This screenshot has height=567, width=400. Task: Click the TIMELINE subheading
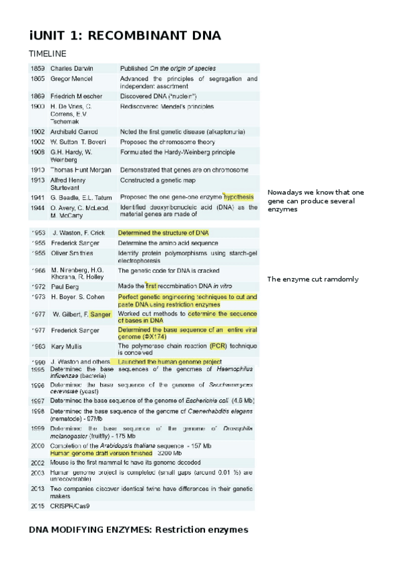[x=47, y=53]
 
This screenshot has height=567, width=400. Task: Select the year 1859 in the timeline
[x=37, y=68]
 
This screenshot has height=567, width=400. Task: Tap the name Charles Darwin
[x=72, y=68]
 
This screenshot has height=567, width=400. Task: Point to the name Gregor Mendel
[x=71, y=79]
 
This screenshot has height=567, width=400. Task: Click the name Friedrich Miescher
[x=77, y=96]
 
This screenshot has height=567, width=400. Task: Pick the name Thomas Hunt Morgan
[x=78, y=171]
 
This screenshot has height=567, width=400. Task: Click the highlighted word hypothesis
[x=238, y=197]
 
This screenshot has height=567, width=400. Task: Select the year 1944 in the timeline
[x=37, y=207]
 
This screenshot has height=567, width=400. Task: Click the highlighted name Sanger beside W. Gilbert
[x=101, y=314]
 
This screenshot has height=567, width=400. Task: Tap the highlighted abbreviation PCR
[x=218, y=346]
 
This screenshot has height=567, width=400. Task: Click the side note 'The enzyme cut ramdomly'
[x=313, y=279]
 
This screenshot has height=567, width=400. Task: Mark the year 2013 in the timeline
[x=37, y=489]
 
